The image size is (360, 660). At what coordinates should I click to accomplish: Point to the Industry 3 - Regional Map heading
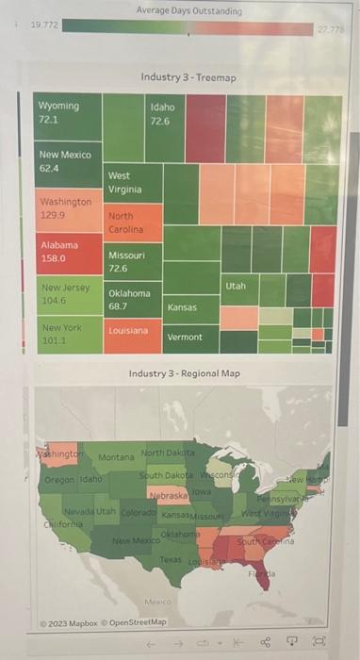point(185,373)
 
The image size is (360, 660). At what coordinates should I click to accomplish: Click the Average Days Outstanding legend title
point(188,10)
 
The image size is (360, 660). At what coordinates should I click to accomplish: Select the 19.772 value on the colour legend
point(43,25)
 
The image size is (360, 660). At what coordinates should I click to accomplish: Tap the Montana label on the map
point(115,457)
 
